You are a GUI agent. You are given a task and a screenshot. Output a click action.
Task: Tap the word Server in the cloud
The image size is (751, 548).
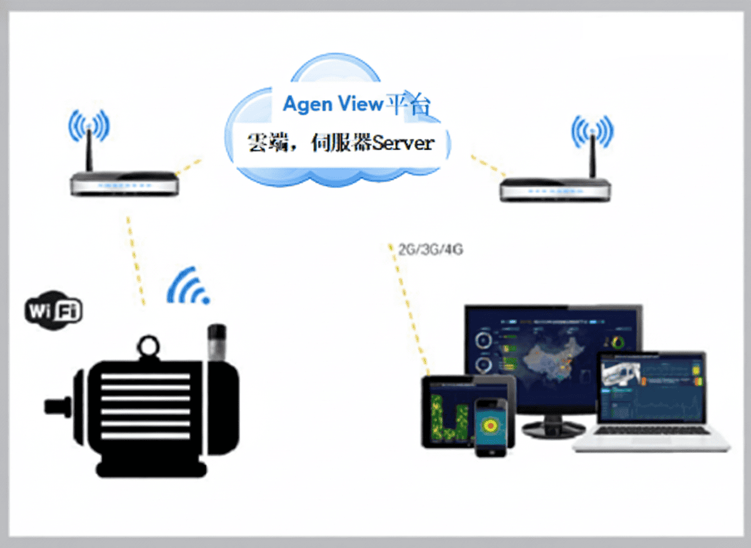pos(403,143)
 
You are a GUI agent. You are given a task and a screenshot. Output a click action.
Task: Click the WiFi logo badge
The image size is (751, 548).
pos(54,310)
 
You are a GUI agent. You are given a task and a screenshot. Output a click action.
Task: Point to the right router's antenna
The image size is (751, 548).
pos(592,155)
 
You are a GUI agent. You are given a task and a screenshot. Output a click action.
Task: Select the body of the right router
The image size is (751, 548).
pos(555,190)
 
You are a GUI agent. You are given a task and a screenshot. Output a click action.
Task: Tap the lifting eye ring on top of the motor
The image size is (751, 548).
pos(149,346)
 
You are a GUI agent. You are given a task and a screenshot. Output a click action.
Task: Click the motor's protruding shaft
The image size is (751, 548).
pos(57,406)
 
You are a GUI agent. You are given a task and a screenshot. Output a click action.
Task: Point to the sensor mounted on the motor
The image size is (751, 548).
pos(218,343)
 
